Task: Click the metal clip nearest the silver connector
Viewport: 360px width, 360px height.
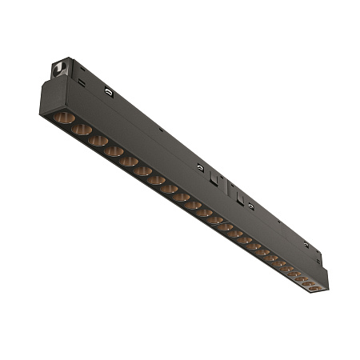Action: (108, 91)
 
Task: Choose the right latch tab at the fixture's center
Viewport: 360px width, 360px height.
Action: (231, 192)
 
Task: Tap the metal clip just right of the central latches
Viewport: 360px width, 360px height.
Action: (250, 206)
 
